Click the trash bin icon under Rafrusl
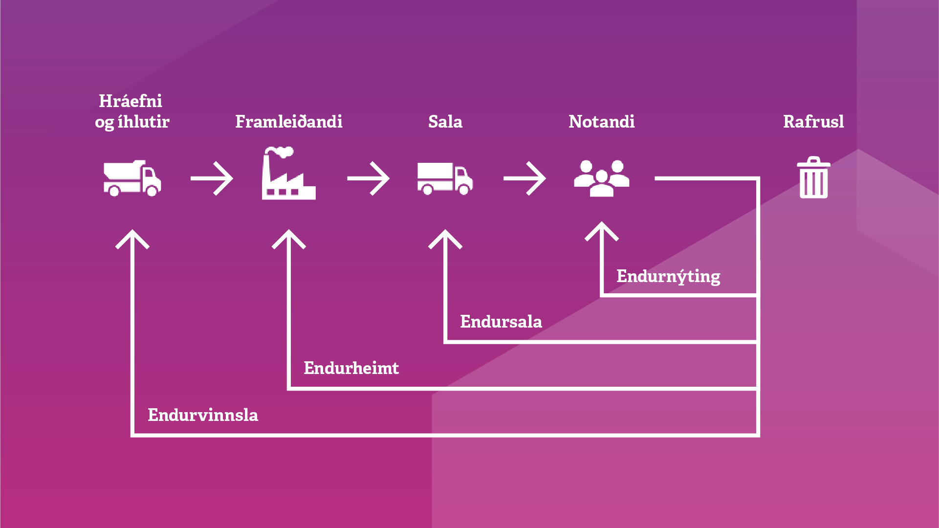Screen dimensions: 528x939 (813, 178)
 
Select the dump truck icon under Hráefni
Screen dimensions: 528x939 (132, 178)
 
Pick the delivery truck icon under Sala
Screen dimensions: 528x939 (445, 179)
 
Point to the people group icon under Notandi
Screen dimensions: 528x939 (601, 178)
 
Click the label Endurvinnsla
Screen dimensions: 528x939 (203, 415)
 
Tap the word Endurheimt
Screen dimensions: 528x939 (351, 368)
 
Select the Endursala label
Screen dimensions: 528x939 (501, 322)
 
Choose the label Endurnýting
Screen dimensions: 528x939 (668, 277)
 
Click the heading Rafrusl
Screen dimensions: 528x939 (813, 122)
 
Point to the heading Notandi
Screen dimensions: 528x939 (601, 122)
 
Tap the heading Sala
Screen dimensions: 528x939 (445, 122)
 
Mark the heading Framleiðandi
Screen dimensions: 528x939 (288, 122)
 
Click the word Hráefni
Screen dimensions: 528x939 (131, 101)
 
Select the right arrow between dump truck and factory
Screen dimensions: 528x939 (212, 178)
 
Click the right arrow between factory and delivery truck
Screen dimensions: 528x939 (368, 178)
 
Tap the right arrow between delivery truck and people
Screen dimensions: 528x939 (524, 178)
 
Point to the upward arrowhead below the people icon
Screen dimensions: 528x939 (602, 232)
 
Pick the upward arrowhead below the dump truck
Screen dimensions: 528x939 (132, 240)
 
